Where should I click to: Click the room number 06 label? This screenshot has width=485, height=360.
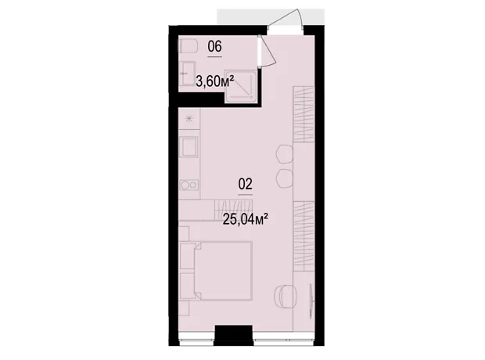[x=214, y=47]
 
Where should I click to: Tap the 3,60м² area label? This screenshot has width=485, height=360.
[x=215, y=82]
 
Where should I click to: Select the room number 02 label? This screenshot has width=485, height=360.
[x=246, y=184]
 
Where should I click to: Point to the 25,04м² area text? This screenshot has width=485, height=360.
[x=246, y=219]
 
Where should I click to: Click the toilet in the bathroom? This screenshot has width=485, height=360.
[x=188, y=46]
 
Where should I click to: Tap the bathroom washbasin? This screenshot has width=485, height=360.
[x=187, y=74]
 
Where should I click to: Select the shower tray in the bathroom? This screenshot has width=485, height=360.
[x=241, y=86]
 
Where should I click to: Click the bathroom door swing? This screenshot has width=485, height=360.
[x=267, y=50]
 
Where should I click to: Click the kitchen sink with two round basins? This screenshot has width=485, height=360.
[x=189, y=185]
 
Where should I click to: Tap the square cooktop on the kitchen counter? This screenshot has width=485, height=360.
[x=189, y=147]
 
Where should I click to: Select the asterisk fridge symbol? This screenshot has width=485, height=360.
[x=189, y=118]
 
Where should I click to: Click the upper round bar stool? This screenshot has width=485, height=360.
[x=285, y=154]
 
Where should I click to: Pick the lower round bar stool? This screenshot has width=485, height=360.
[x=285, y=178]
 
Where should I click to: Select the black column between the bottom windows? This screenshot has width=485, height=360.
[x=234, y=336]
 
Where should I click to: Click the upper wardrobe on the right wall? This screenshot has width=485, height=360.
[x=304, y=114]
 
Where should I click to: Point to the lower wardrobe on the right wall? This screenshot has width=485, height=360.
[x=304, y=236]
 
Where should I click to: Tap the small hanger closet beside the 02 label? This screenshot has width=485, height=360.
[x=234, y=210]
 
